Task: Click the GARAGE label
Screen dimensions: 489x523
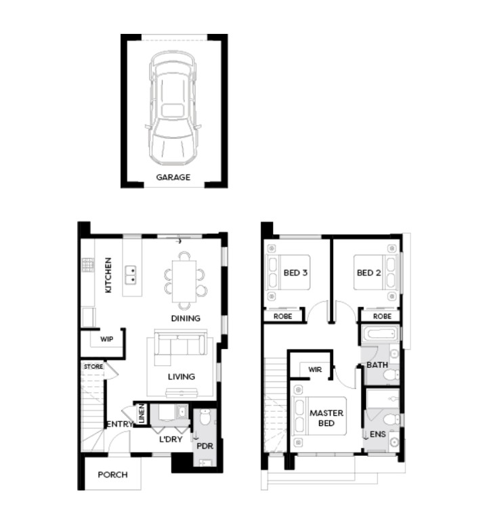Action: [173, 177]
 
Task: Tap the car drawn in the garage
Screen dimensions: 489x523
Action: [173, 108]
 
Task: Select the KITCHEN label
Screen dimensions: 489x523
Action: [108, 275]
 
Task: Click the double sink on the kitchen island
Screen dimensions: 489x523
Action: [131, 275]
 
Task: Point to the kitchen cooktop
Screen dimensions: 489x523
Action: [88, 265]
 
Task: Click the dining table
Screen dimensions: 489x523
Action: [184, 281]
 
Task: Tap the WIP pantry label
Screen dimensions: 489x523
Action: [107, 339]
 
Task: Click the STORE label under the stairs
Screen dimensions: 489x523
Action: [93, 367]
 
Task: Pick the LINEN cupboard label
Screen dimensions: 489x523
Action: [142, 414]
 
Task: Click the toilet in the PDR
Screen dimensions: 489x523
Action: [205, 417]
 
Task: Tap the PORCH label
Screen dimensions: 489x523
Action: [112, 475]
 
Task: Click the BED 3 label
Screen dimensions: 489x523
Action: [295, 273]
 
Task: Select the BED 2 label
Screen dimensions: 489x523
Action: [369, 273]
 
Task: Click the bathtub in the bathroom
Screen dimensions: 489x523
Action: [380, 333]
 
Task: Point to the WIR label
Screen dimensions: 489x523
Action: [315, 370]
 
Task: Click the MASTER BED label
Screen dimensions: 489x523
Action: [326, 418]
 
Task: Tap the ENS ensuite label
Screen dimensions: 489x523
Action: [378, 434]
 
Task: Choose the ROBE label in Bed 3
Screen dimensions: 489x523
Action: [283, 316]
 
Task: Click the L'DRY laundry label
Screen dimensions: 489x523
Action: [171, 439]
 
